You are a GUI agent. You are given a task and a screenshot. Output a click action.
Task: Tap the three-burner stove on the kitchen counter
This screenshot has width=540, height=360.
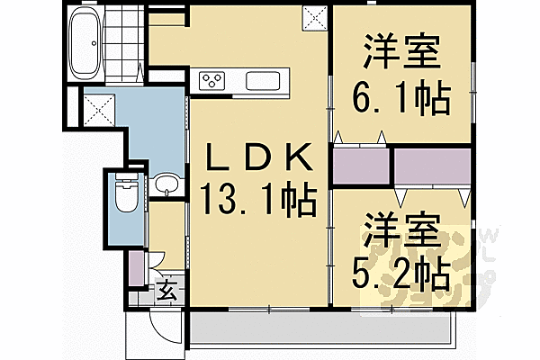coord(214,81)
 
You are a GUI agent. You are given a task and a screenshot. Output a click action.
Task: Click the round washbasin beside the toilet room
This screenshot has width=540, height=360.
coord(166,186)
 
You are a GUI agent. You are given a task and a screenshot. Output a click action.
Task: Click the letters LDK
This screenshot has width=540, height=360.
coord(257,159)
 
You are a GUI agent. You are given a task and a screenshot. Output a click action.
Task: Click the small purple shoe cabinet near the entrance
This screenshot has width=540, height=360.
coord(135,265)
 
